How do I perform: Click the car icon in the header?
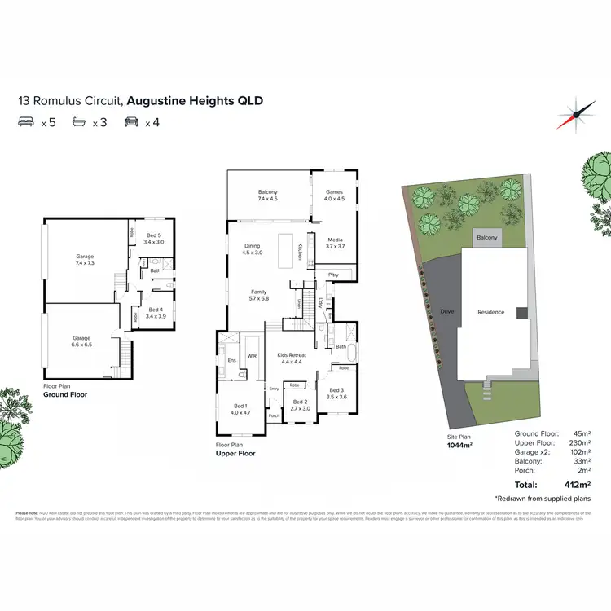(130, 123)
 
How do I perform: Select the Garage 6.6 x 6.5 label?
(81, 341)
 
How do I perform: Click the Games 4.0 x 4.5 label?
(335, 195)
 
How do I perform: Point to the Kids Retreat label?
(292, 358)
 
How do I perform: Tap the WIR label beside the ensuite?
(253, 356)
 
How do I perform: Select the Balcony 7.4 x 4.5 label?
(268, 195)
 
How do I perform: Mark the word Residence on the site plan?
(490, 312)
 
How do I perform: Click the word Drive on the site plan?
(446, 311)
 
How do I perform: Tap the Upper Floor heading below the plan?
(235, 453)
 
